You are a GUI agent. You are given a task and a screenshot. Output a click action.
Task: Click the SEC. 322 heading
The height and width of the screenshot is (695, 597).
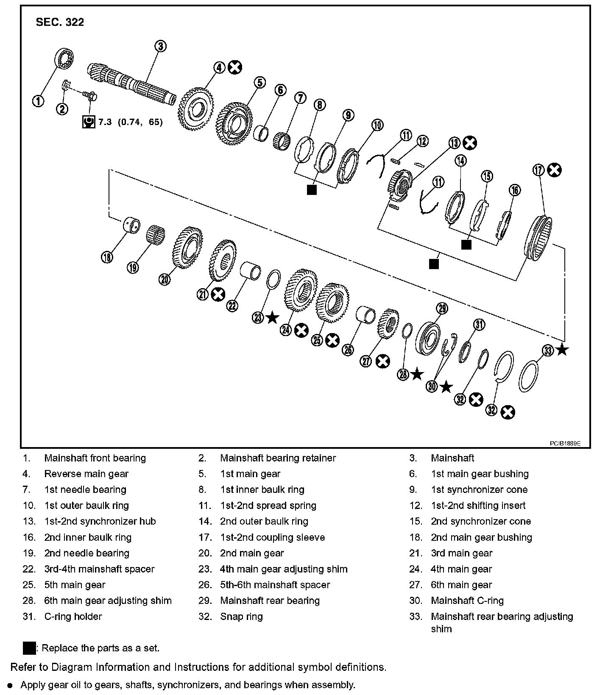click(x=60, y=22)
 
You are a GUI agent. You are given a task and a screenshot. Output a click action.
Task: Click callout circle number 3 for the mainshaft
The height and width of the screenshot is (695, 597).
click(x=160, y=46)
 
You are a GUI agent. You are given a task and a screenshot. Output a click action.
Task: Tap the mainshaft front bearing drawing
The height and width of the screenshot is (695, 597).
click(x=65, y=58)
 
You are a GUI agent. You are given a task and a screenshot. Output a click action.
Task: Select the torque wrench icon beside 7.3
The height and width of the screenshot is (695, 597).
click(x=89, y=122)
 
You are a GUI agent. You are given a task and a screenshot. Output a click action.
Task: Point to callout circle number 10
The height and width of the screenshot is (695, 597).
click(x=377, y=125)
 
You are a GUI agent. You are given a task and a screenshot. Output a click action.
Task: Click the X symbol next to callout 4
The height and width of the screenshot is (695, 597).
click(x=235, y=67)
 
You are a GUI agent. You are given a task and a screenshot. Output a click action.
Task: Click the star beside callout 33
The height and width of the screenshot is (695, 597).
click(x=562, y=350)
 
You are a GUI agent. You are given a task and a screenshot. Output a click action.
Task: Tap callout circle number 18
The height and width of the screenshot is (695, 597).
click(x=107, y=257)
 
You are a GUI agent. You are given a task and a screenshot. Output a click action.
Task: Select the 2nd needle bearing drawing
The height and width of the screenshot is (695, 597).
click(x=155, y=237)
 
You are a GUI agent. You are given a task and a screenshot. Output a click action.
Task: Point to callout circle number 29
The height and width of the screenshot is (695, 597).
click(x=442, y=309)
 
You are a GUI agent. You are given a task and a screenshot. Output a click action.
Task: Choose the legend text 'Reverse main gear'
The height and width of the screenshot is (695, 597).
click(x=86, y=474)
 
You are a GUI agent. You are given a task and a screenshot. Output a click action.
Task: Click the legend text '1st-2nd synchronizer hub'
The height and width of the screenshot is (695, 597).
click(x=100, y=521)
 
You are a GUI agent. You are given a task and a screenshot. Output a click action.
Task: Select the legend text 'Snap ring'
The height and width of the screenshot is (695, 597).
click(x=241, y=617)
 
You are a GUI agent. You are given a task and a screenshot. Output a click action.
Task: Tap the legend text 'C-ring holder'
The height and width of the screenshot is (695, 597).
click(x=73, y=617)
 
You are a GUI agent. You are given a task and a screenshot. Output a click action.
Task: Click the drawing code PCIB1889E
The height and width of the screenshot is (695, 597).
click(x=565, y=443)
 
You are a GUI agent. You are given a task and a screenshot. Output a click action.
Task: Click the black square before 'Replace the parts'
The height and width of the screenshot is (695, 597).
click(x=29, y=648)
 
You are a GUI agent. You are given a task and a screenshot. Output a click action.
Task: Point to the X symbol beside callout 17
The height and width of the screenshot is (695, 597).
click(x=554, y=170)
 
